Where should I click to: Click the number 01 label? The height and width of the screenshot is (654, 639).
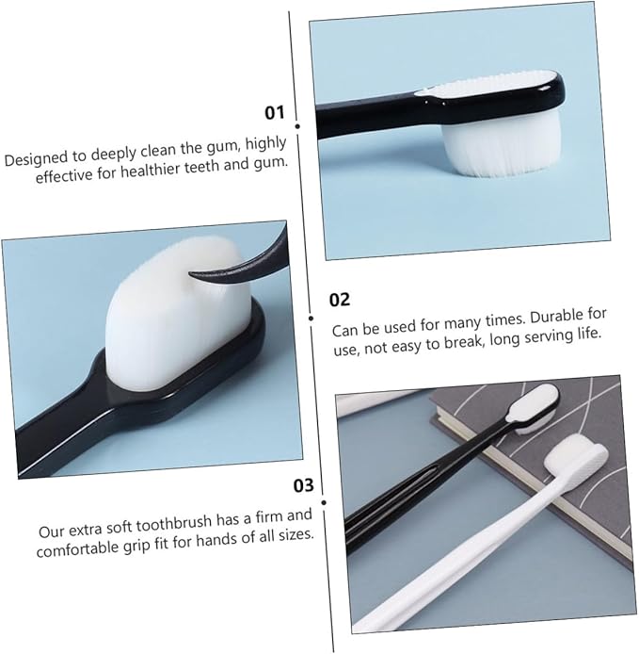pyautogui.click(x=275, y=113)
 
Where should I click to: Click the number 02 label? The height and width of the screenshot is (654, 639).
pyautogui.click(x=340, y=300)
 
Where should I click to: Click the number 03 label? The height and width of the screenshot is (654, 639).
pyautogui.click(x=303, y=485)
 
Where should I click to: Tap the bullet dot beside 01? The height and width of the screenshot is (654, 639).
pyautogui.click(x=297, y=126)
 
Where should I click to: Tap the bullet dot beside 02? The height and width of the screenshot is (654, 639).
pyautogui.click(x=311, y=319)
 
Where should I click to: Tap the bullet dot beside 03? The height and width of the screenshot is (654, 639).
pyautogui.click(x=324, y=503)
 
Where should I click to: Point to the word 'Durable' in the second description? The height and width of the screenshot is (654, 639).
pyautogui.click(x=553, y=319)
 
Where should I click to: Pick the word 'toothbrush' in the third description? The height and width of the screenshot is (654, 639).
pyautogui.click(x=174, y=523)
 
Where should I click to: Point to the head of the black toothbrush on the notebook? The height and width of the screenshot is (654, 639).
pyautogui.click(x=534, y=408)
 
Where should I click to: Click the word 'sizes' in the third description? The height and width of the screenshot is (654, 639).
pyautogui.click(x=295, y=534)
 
